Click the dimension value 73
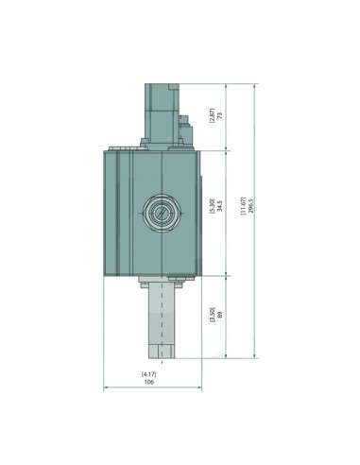coord(219,114)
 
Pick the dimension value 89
coord(219,315)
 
